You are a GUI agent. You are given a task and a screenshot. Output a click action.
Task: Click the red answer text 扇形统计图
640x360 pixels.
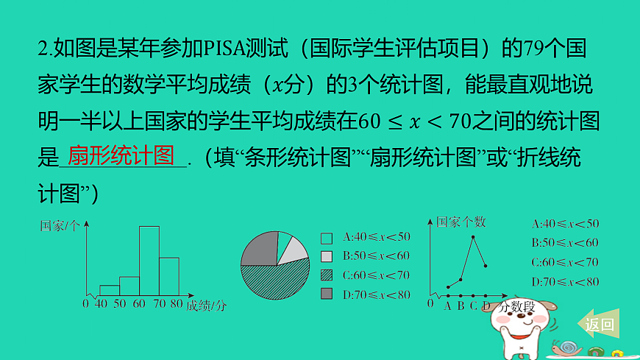121,155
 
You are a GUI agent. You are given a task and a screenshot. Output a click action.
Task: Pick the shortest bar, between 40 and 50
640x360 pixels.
110,290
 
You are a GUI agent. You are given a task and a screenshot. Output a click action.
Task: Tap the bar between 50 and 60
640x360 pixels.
129,286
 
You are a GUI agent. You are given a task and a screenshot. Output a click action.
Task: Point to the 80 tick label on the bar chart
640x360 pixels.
177,303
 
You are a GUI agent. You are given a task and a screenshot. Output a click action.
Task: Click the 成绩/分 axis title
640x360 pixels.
206,305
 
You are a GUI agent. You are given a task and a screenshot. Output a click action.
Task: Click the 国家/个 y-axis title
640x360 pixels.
60,226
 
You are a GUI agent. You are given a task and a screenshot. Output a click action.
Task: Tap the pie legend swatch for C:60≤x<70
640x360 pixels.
327,275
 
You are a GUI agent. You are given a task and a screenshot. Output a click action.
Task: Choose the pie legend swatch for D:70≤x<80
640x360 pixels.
327,294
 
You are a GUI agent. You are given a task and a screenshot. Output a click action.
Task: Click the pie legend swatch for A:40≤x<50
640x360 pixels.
327,238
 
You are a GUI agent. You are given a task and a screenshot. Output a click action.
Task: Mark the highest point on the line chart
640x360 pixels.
473,237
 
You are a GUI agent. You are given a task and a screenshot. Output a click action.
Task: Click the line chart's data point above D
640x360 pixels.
486,266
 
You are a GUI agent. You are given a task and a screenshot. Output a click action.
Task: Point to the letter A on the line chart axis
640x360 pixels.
447,306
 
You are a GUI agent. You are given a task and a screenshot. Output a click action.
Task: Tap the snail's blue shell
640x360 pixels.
568,346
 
